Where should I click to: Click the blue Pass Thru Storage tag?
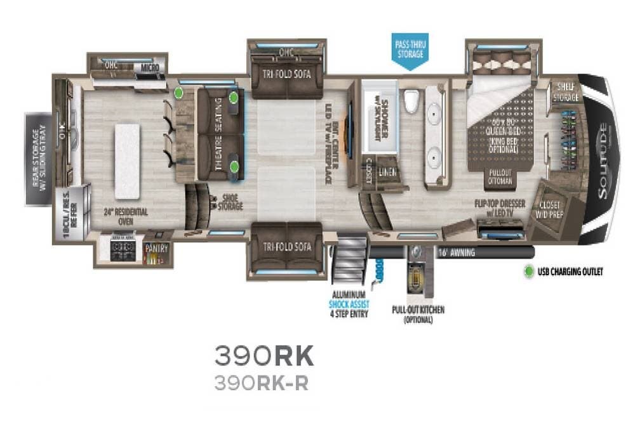tap(410, 49)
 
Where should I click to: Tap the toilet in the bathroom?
tap(411, 100)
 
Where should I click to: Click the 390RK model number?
tap(264, 356)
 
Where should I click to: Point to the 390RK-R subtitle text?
tap(261, 384)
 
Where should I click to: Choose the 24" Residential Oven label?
tap(126, 216)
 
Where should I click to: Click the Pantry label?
tap(152, 249)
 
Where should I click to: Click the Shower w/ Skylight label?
tap(378, 112)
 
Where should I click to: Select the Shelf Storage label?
tap(566, 93)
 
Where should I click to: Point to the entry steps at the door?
tap(349, 261)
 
